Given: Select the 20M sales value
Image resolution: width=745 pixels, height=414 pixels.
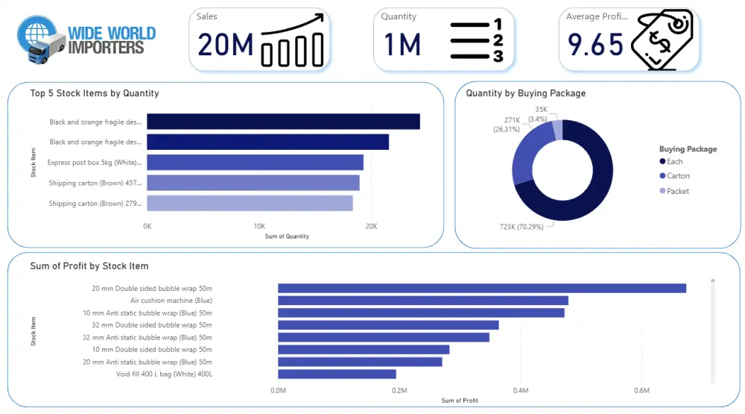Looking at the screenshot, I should click(x=226, y=46).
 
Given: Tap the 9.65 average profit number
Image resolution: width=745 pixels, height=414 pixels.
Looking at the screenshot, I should click(x=595, y=46).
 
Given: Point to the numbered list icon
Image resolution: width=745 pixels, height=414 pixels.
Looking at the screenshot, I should click(x=477, y=42).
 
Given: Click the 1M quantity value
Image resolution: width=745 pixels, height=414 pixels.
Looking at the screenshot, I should click(x=402, y=46).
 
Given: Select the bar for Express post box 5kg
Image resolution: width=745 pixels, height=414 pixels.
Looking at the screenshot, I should click(x=255, y=162).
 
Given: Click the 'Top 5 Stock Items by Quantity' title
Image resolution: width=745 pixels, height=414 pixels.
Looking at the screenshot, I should click(x=95, y=93).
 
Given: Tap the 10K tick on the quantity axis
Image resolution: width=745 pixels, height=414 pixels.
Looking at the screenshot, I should click(x=259, y=226).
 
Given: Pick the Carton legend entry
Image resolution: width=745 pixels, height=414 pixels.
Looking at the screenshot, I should click(x=678, y=176).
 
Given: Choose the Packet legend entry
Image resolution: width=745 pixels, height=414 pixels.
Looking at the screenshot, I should click(x=678, y=191).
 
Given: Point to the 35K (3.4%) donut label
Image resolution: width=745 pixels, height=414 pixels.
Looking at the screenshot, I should click(x=539, y=114).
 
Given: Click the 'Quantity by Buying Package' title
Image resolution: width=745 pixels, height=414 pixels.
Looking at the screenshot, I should click(x=525, y=93).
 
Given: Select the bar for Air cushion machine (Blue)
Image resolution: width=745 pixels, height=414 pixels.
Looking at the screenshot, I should click(x=422, y=301).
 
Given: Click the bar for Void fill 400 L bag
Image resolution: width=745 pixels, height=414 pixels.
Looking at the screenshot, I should click(x=337, y=374).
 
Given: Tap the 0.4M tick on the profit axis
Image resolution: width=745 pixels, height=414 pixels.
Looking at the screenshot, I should click(x=520, y=390).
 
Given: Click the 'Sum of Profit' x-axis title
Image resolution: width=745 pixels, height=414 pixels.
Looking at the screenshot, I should click(x=460, y=401).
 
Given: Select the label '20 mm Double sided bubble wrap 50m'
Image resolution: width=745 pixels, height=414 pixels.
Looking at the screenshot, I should click(x=152, y=288).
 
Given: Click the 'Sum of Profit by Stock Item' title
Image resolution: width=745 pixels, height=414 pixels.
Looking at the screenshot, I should click(x=89, y=266).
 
